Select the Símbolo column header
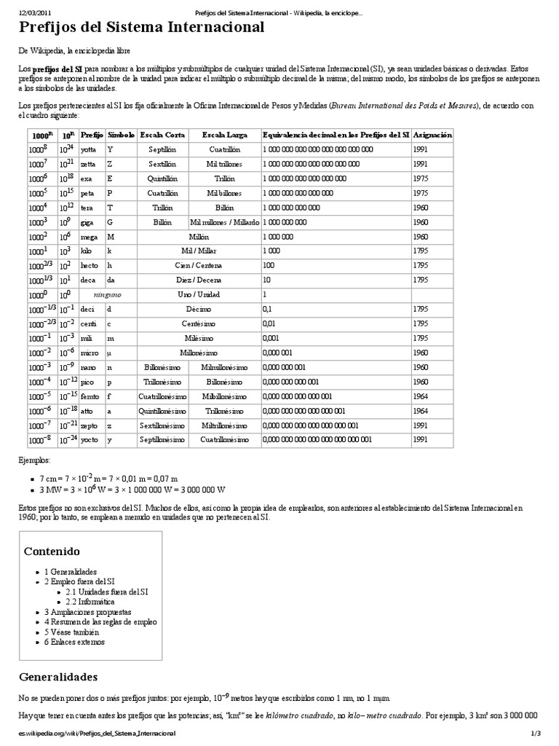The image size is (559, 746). [x=121, y=135]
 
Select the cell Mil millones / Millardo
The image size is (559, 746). [x=224, y=221]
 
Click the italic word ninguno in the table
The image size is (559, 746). [x=107, y=294]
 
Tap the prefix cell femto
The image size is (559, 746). [x=91, y=396]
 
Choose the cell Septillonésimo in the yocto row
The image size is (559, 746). [x=162, y=440]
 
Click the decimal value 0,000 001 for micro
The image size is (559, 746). [x=279, y=353]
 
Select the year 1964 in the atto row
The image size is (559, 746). [x=420, y=411]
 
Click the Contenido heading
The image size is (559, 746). [x=52, y=550]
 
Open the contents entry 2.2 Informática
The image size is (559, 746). [x=90, y=602]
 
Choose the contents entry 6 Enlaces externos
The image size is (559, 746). [x=74, y=642]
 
